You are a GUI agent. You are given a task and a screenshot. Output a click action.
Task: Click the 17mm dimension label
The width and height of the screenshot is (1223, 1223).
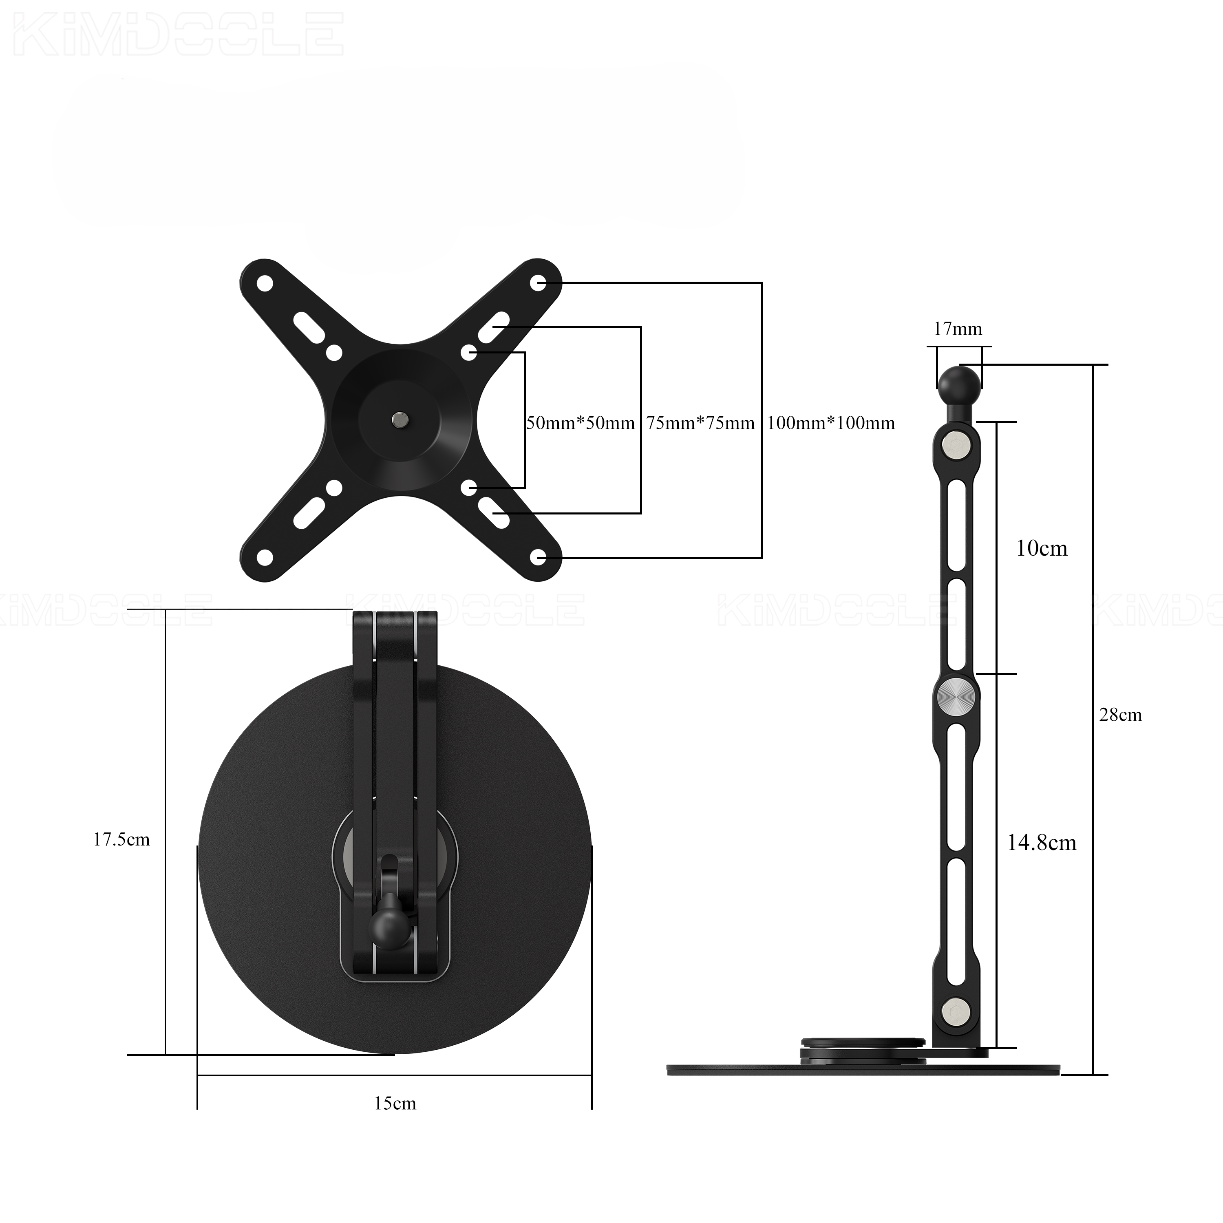point(958,329)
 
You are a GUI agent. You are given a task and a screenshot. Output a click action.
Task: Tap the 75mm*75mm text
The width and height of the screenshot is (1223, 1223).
point(701,423)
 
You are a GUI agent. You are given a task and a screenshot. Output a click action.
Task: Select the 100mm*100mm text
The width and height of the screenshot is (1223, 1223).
point(831,423)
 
